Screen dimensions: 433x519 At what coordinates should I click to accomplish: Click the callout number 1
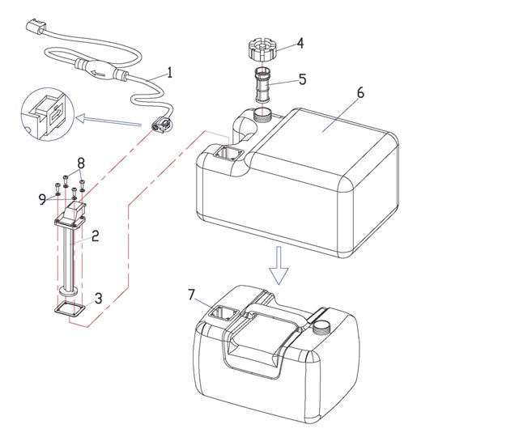click(x=171, y=72)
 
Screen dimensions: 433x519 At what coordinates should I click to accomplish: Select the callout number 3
click(x=99, y=298)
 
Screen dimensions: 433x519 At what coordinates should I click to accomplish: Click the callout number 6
click(x=359, y=92)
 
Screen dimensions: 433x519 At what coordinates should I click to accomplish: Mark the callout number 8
click(x=80, y=163)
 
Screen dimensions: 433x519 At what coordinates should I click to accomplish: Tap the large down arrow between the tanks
click(x=279, y=268)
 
